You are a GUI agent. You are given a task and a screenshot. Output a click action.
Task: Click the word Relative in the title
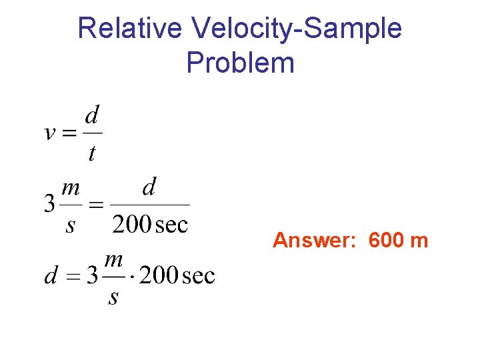click(130, 29)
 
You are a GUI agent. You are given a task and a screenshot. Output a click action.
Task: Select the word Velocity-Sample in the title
click(297, 29)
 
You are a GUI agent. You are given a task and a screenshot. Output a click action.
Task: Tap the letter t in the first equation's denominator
click(92, 154)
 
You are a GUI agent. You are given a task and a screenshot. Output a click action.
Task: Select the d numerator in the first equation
click(93, 116)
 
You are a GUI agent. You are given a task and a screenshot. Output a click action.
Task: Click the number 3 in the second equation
click(49, 204)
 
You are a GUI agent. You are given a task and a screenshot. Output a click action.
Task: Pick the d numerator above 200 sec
click(149, 187)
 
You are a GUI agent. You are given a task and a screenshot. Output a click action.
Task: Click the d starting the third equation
click(51, 275)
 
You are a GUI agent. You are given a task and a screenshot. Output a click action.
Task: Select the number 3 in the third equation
click(93, 275)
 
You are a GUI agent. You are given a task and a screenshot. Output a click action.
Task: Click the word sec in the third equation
click(198, 275)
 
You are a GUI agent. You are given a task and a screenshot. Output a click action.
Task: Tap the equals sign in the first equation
click(71, 133)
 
